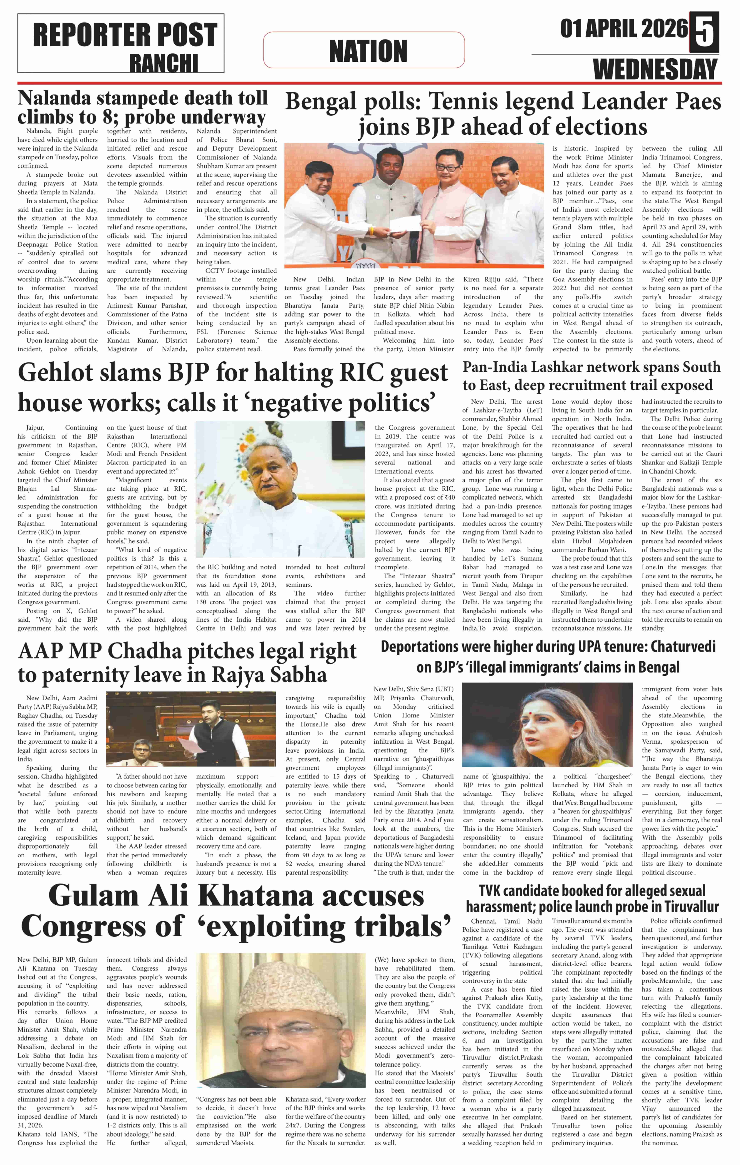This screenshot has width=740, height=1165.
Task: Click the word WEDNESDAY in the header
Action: pos(655,69)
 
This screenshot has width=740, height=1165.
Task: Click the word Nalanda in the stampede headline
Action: pos(54,98)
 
